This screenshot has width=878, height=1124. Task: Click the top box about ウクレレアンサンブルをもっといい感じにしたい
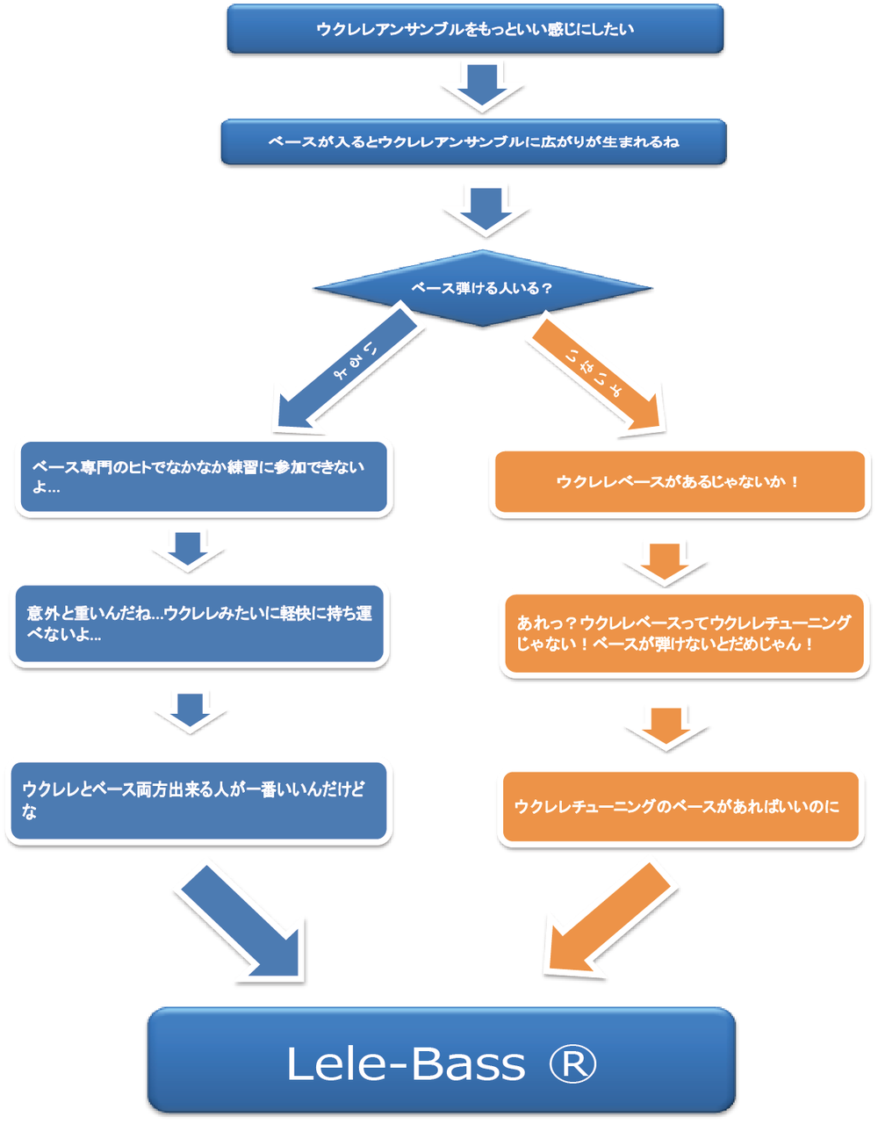(x=475, y=29)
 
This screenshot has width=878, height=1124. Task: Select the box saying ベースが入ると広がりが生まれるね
(x=473, y=141)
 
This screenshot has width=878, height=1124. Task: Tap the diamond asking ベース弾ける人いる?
(x=482, y=288)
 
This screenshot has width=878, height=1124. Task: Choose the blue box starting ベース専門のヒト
(x=204, y=477)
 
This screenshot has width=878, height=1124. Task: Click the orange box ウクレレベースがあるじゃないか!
(x=680, y=482)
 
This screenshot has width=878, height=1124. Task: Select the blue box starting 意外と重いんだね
(x=199, y=623)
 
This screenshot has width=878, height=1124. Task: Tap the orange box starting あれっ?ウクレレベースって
(x=684, y=633)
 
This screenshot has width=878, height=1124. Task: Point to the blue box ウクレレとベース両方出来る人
(x=198, y=801)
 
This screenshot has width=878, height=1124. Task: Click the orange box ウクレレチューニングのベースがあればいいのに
(x=680, y=807)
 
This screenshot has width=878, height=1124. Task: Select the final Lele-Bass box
(x=441, y=1061)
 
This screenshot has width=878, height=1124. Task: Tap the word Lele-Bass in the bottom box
(x=406, y=1064)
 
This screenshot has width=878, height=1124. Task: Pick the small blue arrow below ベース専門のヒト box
(x=188, y=551)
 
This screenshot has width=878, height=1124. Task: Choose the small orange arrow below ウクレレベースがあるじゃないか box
(x=666, y=563)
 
